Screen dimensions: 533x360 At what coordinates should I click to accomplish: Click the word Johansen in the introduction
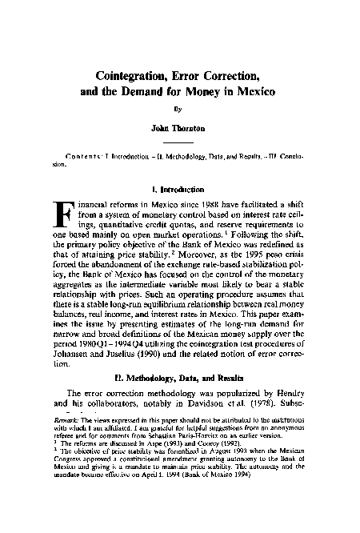tap(74, 351)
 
